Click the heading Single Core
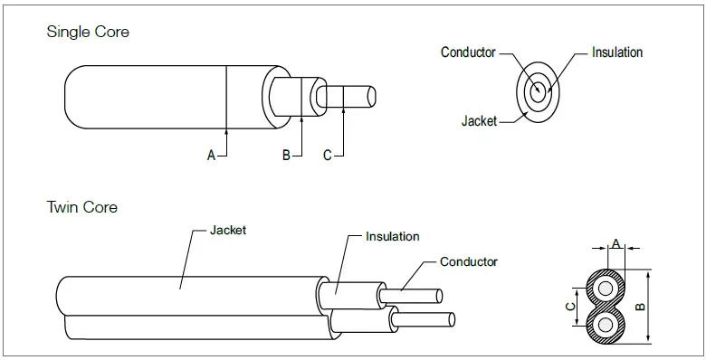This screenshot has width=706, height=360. click(88, 32)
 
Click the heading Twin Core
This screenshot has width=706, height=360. click(82, 207)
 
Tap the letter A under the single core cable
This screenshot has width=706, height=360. click(211, 156)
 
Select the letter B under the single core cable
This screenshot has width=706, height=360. click(286, 156)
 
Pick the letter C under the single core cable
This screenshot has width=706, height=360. click(328, 156)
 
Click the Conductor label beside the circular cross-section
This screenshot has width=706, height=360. click(468, 52)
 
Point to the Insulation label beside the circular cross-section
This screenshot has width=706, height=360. click(617, 52)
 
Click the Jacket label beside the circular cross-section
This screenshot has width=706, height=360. click(479, 121)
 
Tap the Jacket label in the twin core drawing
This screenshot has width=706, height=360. click(228, 231)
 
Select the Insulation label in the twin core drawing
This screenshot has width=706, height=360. click(392, 237)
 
